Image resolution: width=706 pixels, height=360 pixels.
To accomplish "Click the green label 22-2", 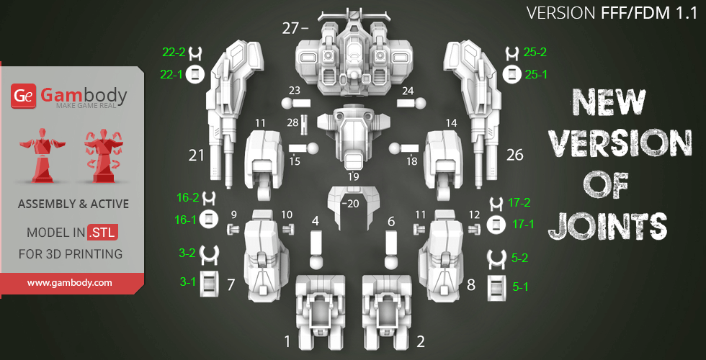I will (x=174, y=53).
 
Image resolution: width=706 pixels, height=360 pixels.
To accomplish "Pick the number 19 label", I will (x=352, y=176).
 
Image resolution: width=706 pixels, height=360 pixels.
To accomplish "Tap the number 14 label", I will (x=452, y=123).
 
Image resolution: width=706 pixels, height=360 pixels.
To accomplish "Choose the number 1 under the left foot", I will (x=287, y=341).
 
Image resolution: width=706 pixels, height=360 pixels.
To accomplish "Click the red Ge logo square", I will (x=23, y=95).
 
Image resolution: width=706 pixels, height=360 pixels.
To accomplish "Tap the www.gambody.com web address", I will (x=70, y=283).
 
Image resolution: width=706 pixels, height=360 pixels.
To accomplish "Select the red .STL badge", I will (x=102, y=233).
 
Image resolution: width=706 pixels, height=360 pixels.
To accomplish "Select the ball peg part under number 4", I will (x=315, y=250).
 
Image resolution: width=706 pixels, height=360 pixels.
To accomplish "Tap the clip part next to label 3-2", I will (x=208, y=254).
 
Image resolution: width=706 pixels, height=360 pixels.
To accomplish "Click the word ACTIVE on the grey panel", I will (x=108, y=204).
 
